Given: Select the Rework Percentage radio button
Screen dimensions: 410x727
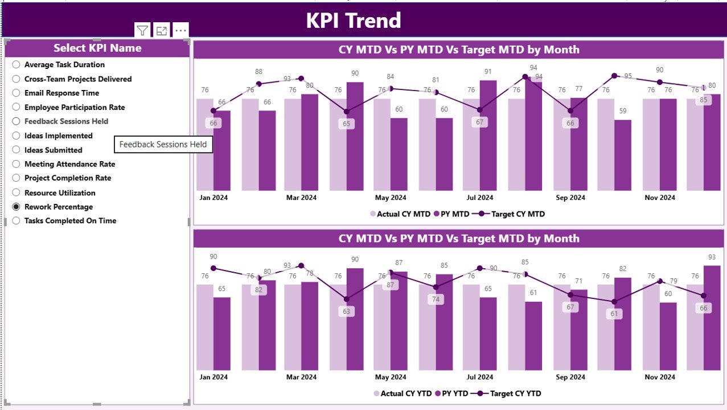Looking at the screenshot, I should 17,207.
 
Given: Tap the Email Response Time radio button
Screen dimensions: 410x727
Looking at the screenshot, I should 17,93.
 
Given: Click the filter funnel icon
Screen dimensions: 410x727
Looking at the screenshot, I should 142,31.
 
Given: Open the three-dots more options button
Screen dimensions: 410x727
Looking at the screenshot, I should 180,31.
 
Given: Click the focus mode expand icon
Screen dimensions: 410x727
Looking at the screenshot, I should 162,31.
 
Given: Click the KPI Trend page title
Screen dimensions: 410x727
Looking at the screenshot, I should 354,20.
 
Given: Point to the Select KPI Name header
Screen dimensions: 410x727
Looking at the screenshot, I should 97,48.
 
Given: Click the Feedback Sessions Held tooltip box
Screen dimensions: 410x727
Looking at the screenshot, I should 163,145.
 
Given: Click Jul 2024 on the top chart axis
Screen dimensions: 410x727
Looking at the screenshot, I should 480,198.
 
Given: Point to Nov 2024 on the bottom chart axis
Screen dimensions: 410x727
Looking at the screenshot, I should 659,377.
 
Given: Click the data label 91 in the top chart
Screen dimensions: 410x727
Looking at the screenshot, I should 488,72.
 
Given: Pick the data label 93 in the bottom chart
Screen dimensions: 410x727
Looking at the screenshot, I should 712,257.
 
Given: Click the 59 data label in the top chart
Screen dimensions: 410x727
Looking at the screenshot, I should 623,112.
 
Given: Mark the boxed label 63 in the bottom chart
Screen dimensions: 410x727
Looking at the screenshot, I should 347,311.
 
